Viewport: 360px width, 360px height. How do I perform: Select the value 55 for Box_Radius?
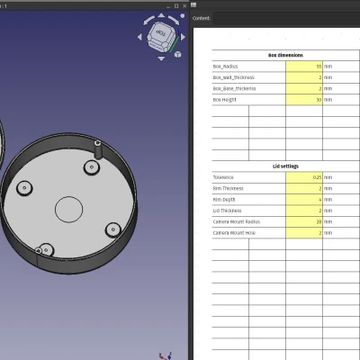pos(304,67)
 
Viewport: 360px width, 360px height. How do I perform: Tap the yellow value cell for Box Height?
pos(304,99)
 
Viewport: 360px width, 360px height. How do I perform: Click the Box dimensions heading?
pos(285,56)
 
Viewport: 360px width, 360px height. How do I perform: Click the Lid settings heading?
pos(285,166)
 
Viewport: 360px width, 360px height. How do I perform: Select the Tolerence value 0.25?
pos(304,177)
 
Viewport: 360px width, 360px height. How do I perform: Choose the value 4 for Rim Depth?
pos(304,199)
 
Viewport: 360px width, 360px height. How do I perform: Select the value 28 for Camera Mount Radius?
pos(304,221)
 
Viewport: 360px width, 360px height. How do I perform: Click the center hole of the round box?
pos(68,209)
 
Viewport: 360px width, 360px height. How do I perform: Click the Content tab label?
pos(202,17)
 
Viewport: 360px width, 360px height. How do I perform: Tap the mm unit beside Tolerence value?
pos(328,177)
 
